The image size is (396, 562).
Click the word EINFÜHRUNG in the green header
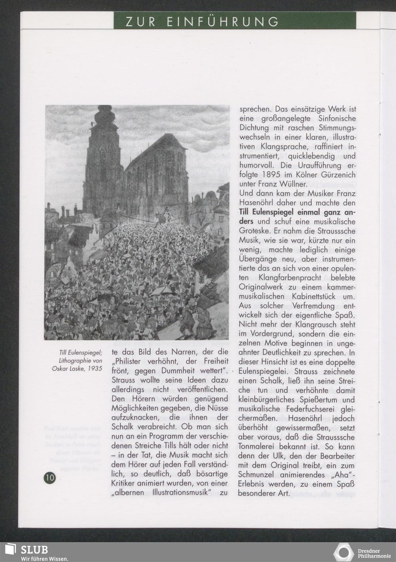223,21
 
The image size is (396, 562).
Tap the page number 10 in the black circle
49,478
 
